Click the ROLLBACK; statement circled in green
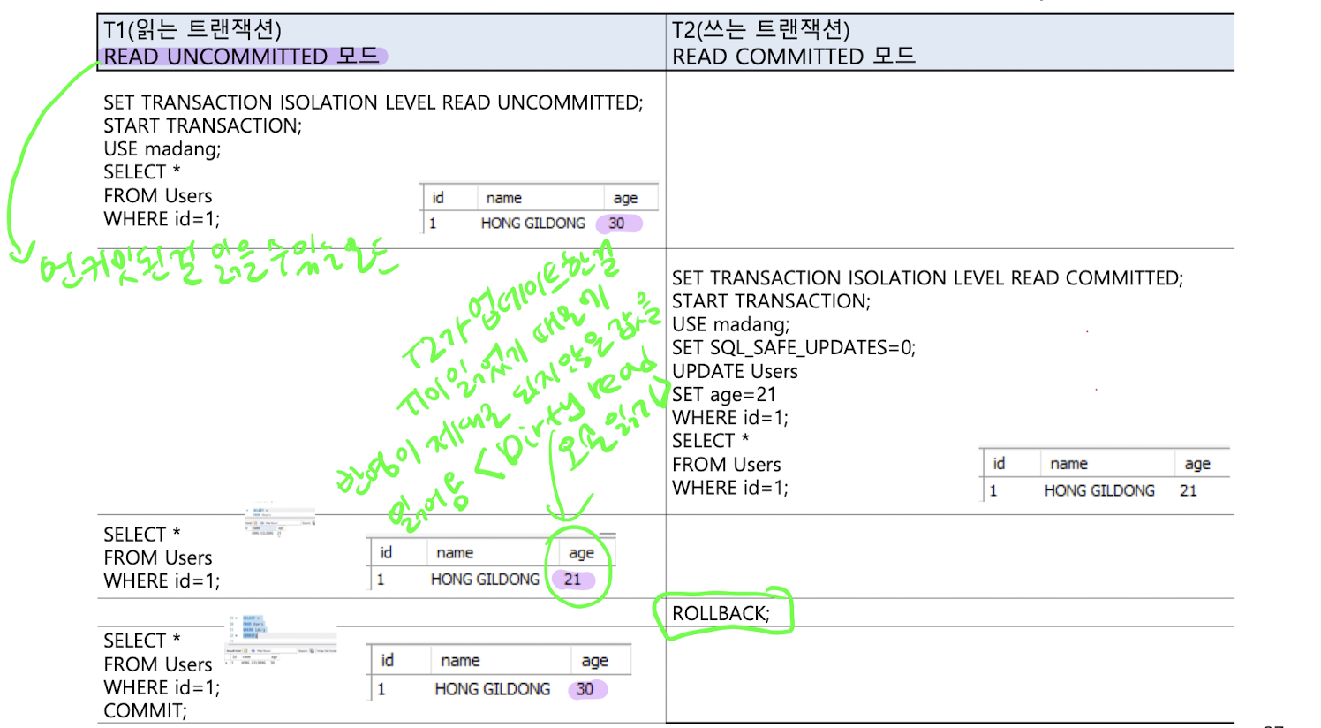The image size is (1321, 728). point(721,614)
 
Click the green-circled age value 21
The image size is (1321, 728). point(573,580)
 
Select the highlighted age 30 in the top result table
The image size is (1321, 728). point(617,224)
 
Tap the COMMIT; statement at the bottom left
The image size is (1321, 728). point(145,711)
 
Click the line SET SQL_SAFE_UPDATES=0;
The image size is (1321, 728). point(793,348)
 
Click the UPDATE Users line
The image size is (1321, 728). point(735,372)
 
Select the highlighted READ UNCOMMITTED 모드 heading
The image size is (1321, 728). point(241,57)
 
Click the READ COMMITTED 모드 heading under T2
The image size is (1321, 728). point(793,57)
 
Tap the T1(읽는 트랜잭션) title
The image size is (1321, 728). point(192,30)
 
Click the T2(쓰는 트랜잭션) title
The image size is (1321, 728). point(760,30)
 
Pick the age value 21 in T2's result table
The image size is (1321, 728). point(1189,490)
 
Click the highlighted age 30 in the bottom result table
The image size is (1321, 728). point(585,689)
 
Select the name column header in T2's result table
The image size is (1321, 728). point(1068,464)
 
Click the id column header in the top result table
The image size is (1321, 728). point(438,198)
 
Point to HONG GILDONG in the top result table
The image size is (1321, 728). point(532,224)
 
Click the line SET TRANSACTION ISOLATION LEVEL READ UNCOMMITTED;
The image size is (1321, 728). point(373,102)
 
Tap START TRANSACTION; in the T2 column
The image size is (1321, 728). point(771,301)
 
